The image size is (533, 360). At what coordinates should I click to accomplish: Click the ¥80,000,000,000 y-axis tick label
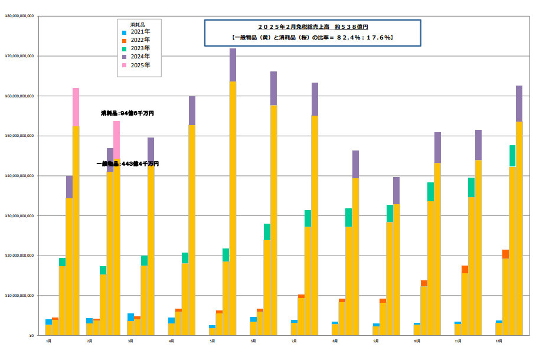coord(19,17)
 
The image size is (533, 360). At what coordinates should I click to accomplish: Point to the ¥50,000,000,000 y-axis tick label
coord(19,136)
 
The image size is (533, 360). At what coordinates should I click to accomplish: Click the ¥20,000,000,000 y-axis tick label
coord(19,256)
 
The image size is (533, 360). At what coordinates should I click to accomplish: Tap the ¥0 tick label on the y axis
coord(31,335)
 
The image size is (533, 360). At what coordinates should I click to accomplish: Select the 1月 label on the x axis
coord(48,341)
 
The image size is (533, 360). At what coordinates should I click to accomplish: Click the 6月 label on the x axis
coord(253,341)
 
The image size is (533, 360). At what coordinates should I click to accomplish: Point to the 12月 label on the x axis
coord(499,341)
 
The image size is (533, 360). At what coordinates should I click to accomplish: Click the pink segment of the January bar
coord(76,106)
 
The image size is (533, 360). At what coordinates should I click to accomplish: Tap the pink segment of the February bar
coord(117,142)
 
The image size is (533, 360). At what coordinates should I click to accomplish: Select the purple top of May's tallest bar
coord(233,65)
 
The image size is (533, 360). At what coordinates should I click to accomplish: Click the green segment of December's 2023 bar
coord(512,156)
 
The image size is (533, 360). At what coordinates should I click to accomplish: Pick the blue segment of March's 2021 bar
coord(130,317)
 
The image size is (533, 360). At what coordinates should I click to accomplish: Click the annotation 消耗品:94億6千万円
coord(123,113)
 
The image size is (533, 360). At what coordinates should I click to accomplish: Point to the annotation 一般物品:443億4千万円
coord(127,163)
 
